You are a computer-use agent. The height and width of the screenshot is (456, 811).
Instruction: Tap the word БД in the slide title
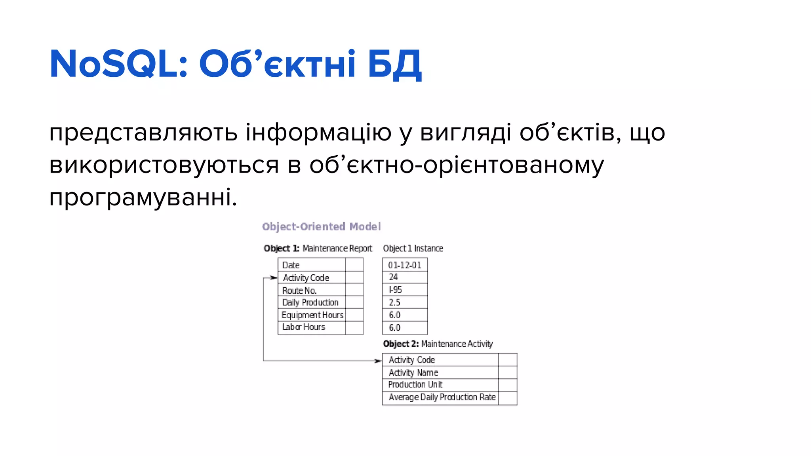[394, 64]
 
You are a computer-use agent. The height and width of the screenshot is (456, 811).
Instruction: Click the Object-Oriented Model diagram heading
[321, 226]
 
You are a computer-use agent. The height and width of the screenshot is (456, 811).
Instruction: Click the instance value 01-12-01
[404, 265]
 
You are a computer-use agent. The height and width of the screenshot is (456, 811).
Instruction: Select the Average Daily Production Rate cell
[442, 397]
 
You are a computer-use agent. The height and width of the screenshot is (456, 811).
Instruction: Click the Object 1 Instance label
[413, 249]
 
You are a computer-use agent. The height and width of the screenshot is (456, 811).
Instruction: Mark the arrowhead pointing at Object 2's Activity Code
[378, 361]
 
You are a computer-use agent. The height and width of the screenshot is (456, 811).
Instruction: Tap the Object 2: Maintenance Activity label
[438, 344]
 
